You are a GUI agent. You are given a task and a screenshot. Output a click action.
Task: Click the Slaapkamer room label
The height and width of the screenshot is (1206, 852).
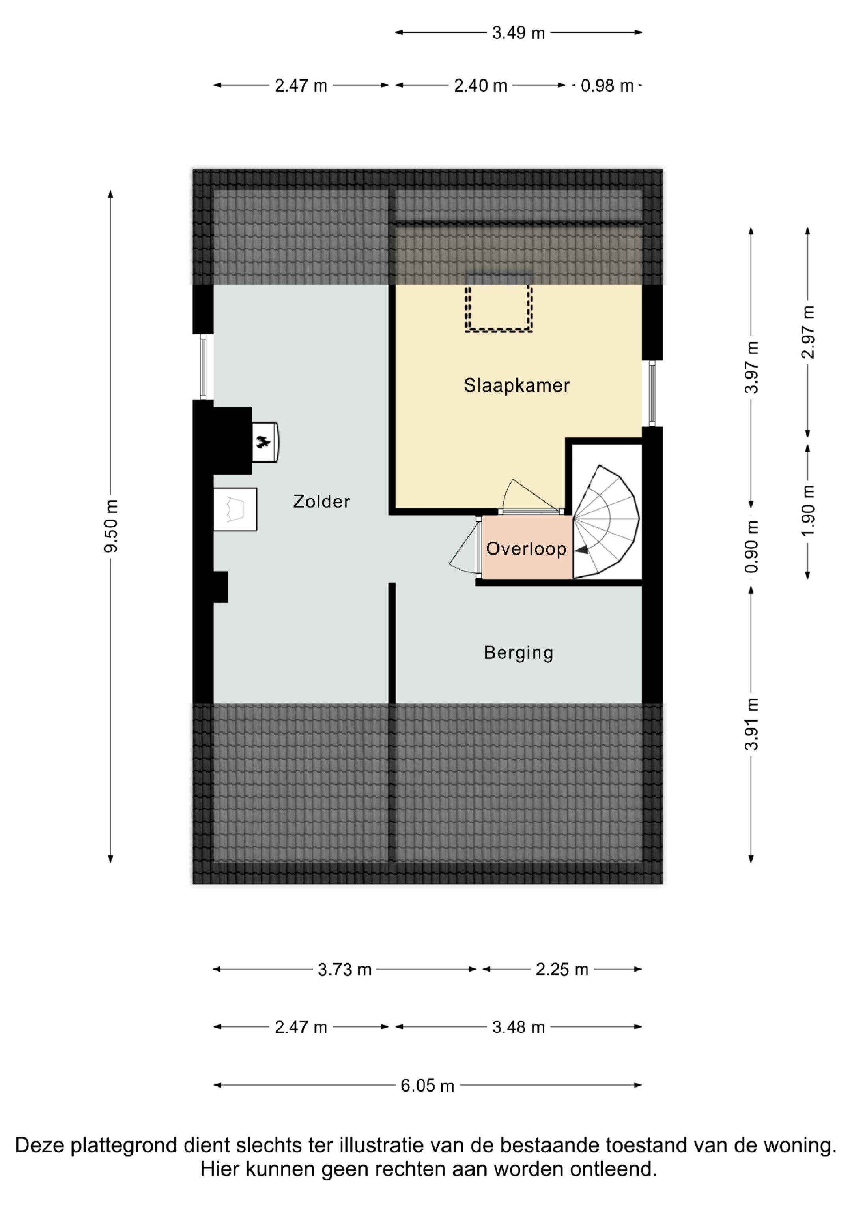(517, 386)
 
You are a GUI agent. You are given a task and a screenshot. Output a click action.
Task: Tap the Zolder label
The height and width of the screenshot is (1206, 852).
(321, 502)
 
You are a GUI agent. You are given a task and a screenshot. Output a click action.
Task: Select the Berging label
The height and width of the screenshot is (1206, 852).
(519, 653)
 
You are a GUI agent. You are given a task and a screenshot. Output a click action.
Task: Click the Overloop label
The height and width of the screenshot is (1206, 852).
(526, 549)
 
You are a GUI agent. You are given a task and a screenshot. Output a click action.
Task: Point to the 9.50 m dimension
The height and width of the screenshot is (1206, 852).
(111, 526)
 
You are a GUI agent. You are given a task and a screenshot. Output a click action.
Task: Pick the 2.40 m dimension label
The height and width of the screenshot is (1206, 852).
(481, 86)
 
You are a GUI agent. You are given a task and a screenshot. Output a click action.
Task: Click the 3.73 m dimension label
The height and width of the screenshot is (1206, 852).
(345, 969)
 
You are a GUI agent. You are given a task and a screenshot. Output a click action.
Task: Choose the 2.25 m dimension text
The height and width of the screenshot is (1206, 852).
(562, 969)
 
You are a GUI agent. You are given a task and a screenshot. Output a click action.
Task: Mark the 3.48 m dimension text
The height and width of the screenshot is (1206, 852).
(519, 1027)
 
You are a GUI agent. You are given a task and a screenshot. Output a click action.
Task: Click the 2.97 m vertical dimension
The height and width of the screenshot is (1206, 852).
(809, 332)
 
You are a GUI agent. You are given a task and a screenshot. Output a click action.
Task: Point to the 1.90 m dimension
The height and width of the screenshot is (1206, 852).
(809, 510)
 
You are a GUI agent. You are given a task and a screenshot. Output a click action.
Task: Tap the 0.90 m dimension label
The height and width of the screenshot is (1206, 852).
(752, 546)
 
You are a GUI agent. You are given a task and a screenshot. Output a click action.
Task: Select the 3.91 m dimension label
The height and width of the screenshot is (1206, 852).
(752, 724)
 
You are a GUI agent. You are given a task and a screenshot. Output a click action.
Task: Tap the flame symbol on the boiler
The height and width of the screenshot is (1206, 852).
(263, 442)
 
